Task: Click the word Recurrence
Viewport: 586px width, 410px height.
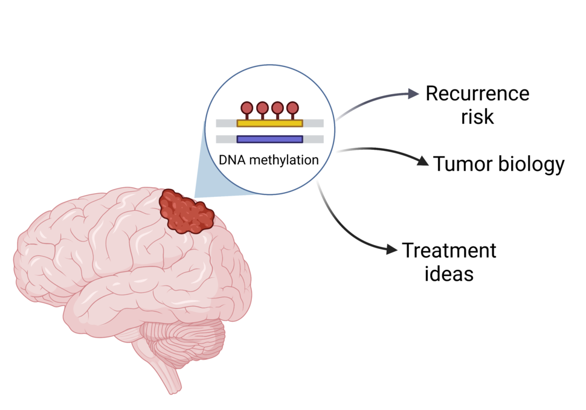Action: [477, 94]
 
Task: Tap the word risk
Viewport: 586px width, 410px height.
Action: [477, 117]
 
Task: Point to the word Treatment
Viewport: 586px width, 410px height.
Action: [449, 250]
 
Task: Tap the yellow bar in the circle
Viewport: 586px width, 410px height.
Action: [269, 123]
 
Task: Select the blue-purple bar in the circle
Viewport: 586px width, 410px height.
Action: [269, 139]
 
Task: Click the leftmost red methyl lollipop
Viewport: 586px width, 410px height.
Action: [247, 108]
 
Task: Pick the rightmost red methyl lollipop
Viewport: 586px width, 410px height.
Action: [292, 108]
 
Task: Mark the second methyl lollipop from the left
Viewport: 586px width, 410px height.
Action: [262, 108]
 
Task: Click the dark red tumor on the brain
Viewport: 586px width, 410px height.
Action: [186, 212]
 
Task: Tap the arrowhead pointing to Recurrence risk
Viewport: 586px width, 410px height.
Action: [414, 93]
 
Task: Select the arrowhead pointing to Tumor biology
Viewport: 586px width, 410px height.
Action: [423, 161]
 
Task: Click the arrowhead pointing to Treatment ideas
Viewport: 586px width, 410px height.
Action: [392, 249]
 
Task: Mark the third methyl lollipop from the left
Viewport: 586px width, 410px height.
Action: [277, 108]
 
